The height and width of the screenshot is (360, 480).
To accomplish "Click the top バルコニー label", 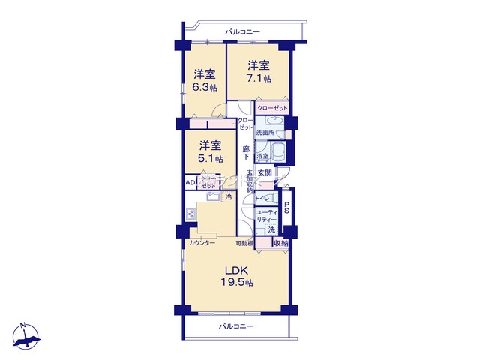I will coord(241,31).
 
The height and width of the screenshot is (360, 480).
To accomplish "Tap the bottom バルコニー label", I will coord(236,326).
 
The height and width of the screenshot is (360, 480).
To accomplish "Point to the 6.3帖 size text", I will coord(204,87).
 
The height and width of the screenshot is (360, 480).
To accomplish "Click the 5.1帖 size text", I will coord(209,158).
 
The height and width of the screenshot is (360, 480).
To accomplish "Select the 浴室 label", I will coord(262,157).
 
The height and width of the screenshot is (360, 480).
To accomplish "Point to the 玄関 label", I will coord(265,173).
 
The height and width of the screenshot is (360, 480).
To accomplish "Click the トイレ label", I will coord(262,199).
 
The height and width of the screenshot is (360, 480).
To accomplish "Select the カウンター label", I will coord(202,243).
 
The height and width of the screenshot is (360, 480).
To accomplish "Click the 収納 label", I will coord(280,243).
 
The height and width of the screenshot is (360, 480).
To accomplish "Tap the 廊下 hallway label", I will coord(245,152).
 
